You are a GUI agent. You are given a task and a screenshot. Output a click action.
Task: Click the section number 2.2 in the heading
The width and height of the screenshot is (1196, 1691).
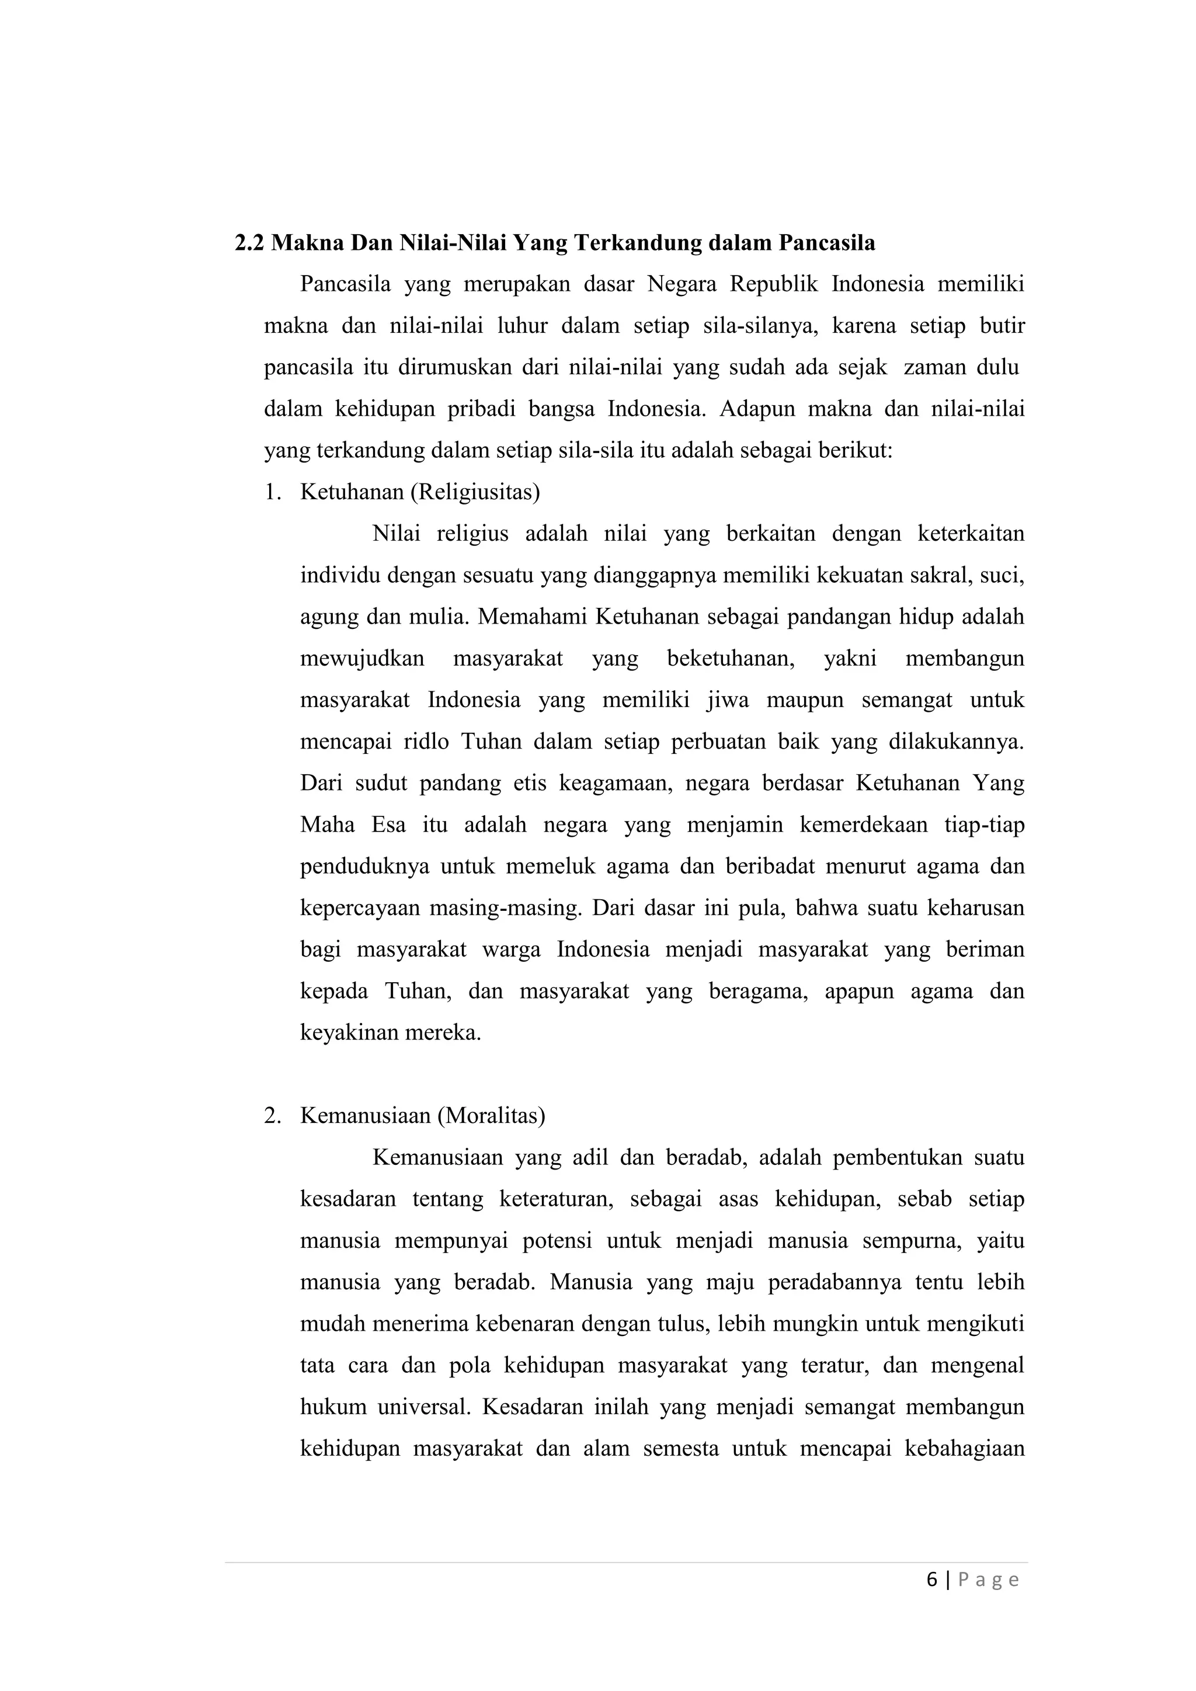250,243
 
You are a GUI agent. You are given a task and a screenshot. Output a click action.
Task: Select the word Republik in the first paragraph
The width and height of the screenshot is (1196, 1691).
774,284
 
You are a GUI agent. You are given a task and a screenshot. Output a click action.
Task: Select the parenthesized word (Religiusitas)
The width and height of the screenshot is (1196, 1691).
475,492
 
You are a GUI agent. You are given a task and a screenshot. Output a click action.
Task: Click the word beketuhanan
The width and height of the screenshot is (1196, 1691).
731,659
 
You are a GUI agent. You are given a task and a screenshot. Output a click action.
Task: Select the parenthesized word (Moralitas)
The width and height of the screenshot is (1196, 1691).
491,1116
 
